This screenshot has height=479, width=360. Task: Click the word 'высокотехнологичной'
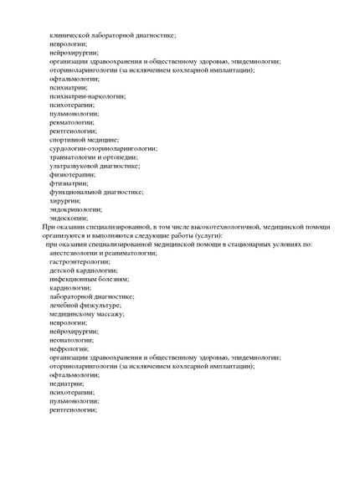pos(215,227)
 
